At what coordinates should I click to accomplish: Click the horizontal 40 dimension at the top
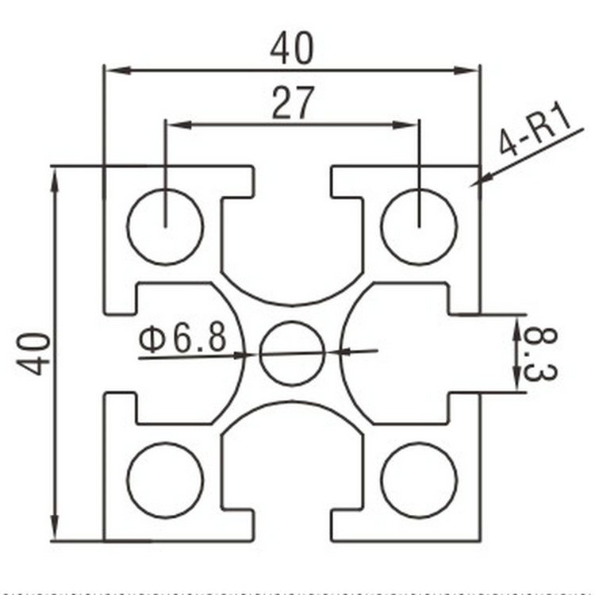(x=292, y=49)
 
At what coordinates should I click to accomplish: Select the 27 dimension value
(x=293, y=104)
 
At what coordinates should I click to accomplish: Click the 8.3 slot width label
(x=541, y=354)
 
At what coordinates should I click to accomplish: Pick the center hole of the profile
(x=293, y=353)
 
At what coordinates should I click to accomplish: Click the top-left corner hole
(x=165, y=227)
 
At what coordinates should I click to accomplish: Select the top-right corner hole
(x=419, y=227)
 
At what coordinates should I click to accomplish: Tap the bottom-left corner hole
(x=165, y=480)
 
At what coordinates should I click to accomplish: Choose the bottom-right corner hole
(x=419, y=480)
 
